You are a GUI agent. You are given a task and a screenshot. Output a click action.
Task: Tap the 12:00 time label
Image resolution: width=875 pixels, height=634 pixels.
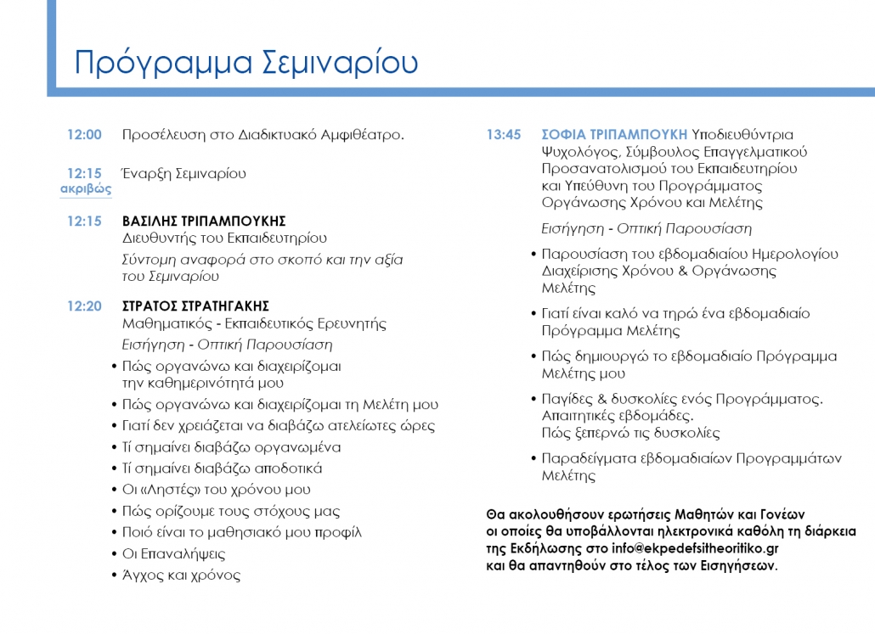[x=84, y=135]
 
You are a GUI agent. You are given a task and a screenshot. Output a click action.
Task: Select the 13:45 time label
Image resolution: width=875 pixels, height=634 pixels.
[x=504, y=135]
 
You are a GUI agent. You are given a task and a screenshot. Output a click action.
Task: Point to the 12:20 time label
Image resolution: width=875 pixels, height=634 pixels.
[x=84, y=306]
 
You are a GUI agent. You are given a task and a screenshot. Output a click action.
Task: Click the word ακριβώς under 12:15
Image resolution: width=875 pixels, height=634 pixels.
[x=86, y=189]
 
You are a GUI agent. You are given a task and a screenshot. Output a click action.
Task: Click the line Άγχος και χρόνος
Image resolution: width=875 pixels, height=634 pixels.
[x=181, y=575]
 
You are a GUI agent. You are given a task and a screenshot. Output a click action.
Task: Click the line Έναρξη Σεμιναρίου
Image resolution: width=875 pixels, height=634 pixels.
[x=184, y=174]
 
